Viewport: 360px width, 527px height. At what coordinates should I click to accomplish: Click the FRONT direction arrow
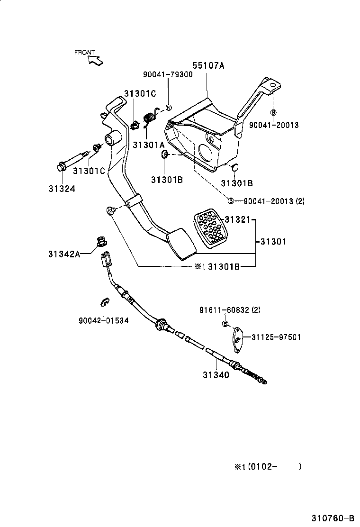95,60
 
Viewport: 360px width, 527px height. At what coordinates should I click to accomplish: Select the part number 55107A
208,66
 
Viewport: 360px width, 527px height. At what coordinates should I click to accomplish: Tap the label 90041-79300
168,74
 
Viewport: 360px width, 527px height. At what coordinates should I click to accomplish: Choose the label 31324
62,188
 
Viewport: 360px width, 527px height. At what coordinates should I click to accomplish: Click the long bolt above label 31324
73,160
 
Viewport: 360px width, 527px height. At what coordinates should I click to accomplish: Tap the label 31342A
64,254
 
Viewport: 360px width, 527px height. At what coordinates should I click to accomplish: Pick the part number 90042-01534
103,320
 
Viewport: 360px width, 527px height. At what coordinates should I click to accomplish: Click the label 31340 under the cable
216,375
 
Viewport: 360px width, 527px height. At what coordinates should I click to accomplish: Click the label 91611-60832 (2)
229,310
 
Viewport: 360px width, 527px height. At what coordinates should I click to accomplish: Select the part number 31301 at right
273,242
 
